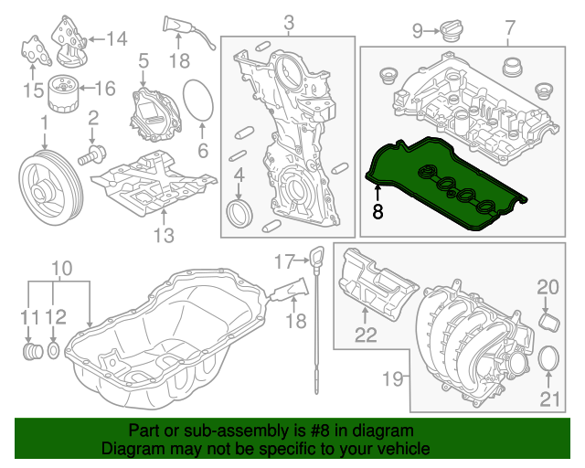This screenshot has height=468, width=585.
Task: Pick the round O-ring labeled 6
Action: [198, 101]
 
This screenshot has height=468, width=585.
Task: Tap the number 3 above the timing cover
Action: [289, 21]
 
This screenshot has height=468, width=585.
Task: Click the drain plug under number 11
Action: [32, 352]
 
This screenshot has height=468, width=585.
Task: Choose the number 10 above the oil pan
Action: [60, 269]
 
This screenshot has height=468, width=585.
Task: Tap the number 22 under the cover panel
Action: [366, 335]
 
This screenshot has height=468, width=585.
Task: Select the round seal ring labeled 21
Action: [548, 361]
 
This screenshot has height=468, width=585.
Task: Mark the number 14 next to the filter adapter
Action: [116, 38]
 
